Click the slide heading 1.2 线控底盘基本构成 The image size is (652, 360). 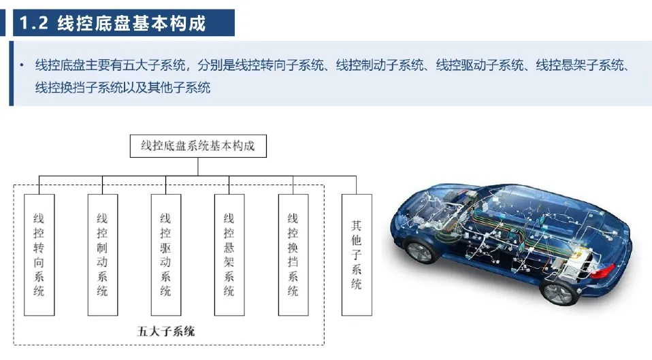pos(123,24)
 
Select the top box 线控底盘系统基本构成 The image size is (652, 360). pos(197,146)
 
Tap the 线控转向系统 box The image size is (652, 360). pos(39,255)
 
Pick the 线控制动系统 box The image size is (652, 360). pos(102,255)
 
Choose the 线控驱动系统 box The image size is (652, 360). pos(165,255)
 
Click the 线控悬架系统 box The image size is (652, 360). pos(229,255)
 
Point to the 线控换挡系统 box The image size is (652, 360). pos(293,255)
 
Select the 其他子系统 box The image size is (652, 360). pos(356,255)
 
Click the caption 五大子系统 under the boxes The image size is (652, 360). pos(166,331)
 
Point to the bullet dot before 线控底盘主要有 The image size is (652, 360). pos(22,66)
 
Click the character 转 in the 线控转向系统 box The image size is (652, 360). pos(39,248)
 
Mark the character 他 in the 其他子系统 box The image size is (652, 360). pos(356,240)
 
